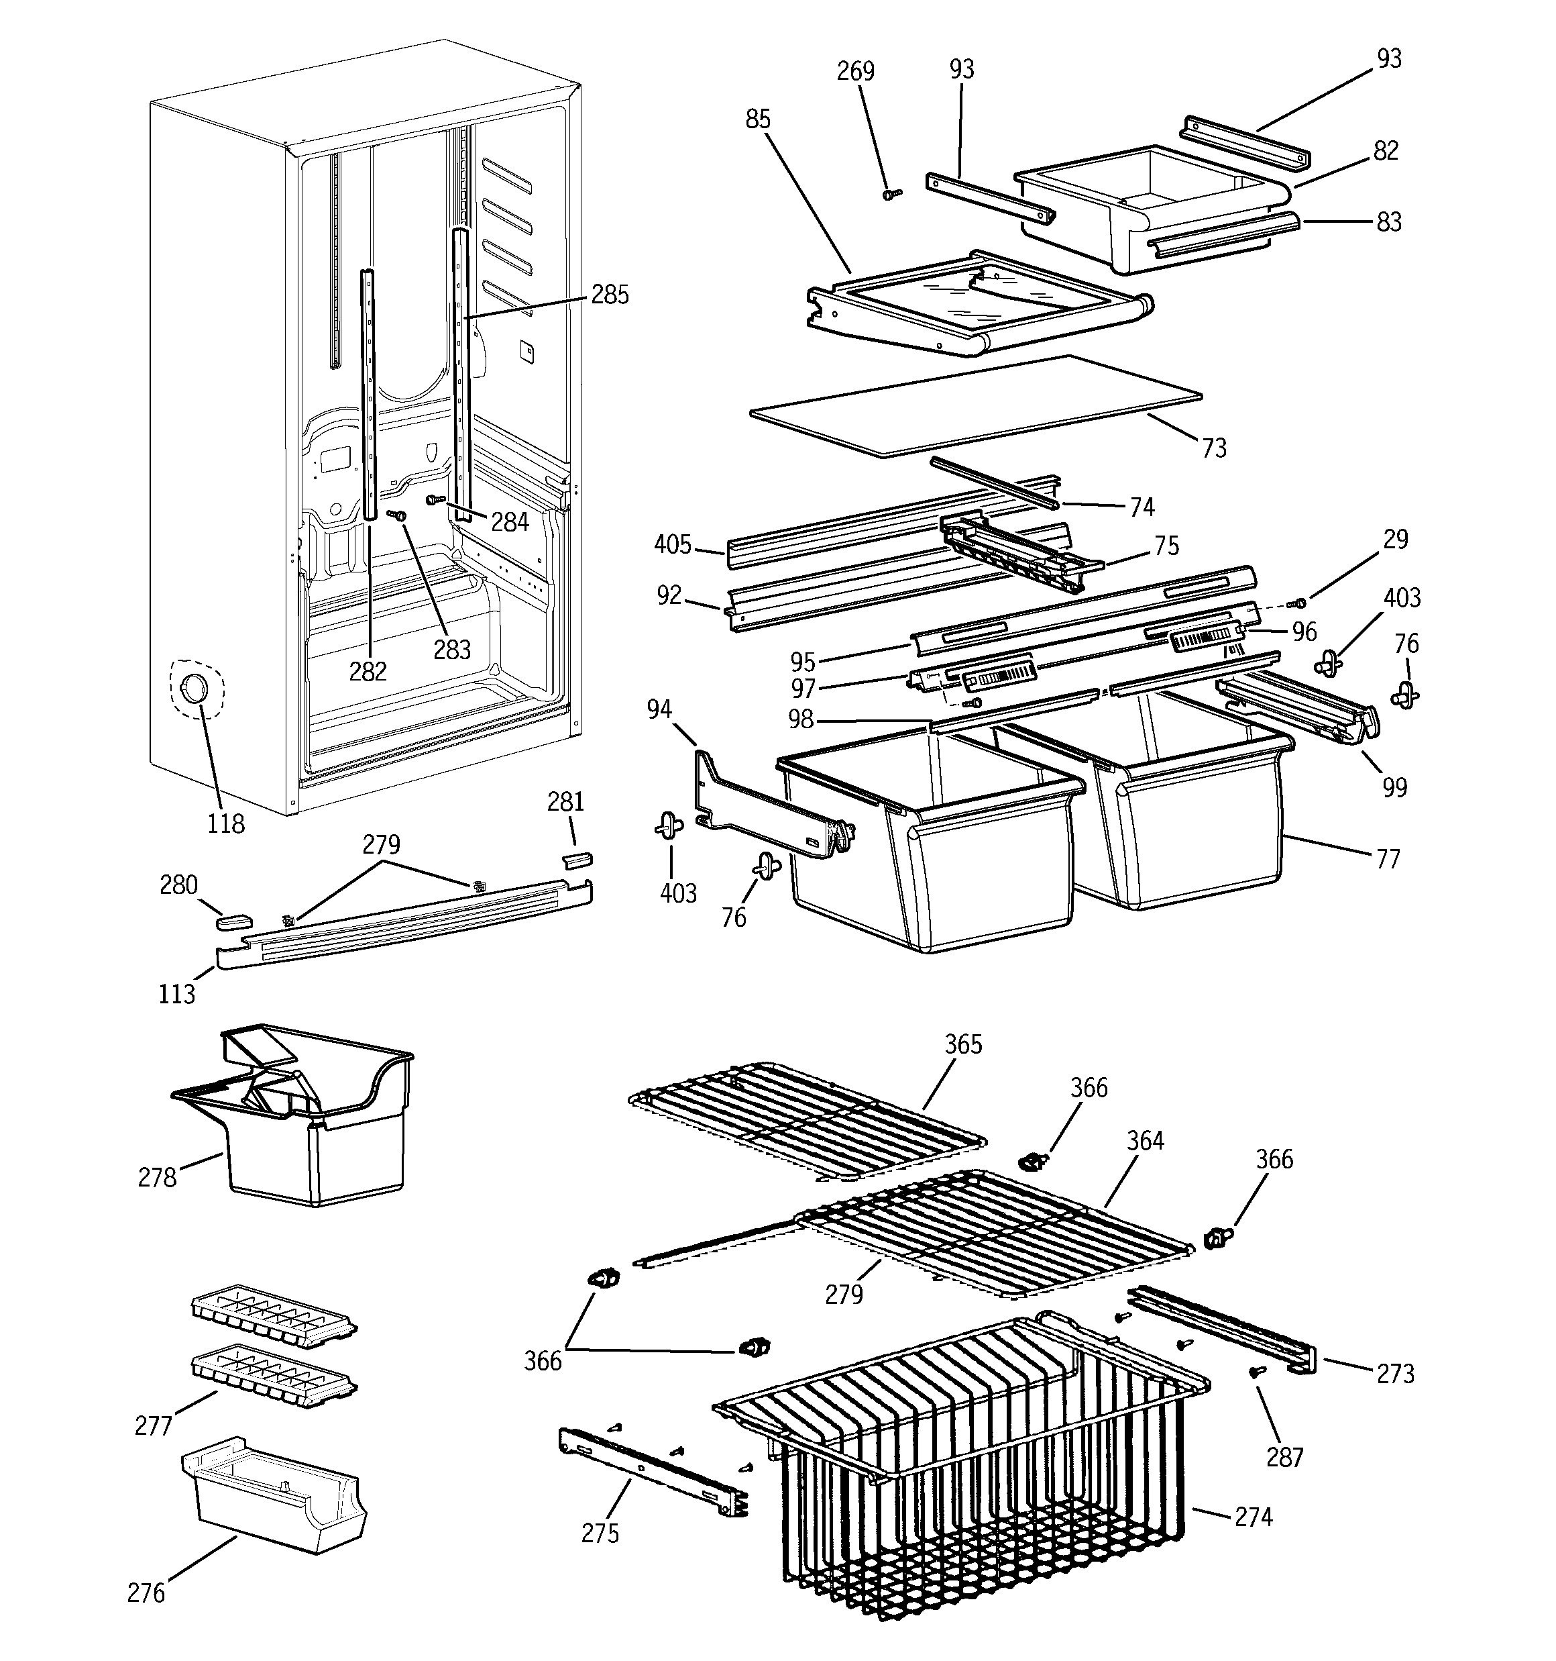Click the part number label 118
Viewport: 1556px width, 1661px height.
pyautogui.click(x=225, y=824)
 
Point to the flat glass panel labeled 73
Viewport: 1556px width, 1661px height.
pyautogui.click(x=977, y=405)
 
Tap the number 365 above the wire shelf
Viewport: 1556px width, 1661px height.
pyautogui.click(x=963, y=1044)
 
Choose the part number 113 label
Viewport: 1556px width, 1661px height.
pyautogui.click(x=176, y=995)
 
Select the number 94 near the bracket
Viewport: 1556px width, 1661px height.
pyautogui.click(x=659, y=709)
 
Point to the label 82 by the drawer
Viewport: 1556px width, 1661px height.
pyautogui.click(x=1385, y=150)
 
